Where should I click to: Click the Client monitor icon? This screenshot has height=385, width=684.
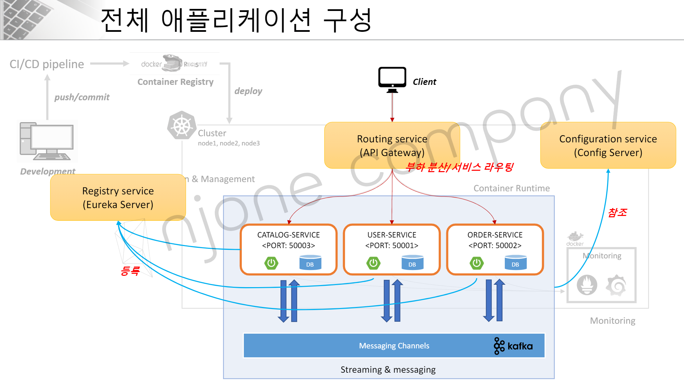coord(392,80)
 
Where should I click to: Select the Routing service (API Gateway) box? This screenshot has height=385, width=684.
coord(392,145)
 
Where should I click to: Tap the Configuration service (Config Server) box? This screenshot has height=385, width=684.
coord(608,145)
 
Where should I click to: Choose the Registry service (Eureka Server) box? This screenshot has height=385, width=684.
coord(118,197)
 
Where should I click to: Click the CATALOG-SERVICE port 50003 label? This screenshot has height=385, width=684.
coord(288,245)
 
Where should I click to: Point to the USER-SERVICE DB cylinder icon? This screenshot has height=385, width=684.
coord(412,262)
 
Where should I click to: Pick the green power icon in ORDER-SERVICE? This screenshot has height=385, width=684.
coord(476,263)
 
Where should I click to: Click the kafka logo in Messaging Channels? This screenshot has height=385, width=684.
coord(513,346)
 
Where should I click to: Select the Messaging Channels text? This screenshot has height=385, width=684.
coord(394,346)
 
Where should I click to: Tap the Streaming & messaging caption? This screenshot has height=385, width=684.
coord(388,370)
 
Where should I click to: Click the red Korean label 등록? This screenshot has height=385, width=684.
coord(130,271)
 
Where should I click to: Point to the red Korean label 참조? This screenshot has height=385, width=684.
coord(617,213)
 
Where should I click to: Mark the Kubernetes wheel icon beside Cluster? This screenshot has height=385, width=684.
coord(182,126)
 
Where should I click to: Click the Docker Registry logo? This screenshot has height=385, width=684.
coord(174,64)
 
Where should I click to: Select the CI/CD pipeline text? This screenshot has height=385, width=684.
coord(47,64)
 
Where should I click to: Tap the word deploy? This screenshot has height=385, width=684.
coord(248,91)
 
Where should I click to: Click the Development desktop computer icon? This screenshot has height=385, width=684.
coord(47,141)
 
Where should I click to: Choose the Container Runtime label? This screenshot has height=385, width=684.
coord(512,188)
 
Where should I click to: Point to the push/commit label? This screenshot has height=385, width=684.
coord(82,97)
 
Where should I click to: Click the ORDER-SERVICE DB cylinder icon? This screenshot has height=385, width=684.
coord(515,262)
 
